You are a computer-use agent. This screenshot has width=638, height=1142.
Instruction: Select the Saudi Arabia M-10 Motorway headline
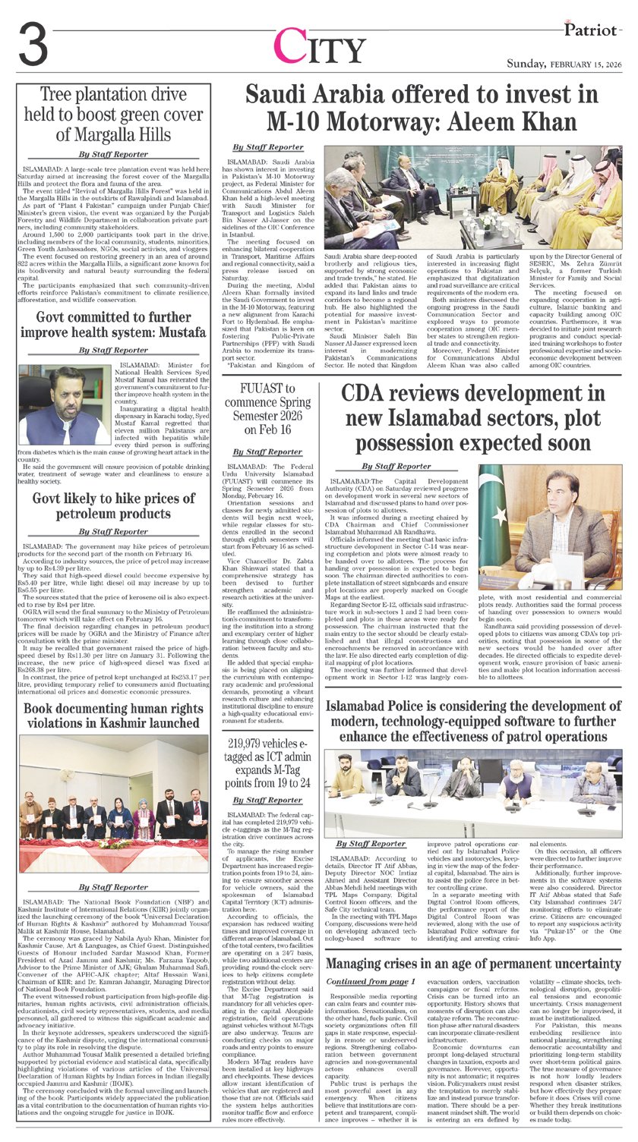[422, 108]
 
